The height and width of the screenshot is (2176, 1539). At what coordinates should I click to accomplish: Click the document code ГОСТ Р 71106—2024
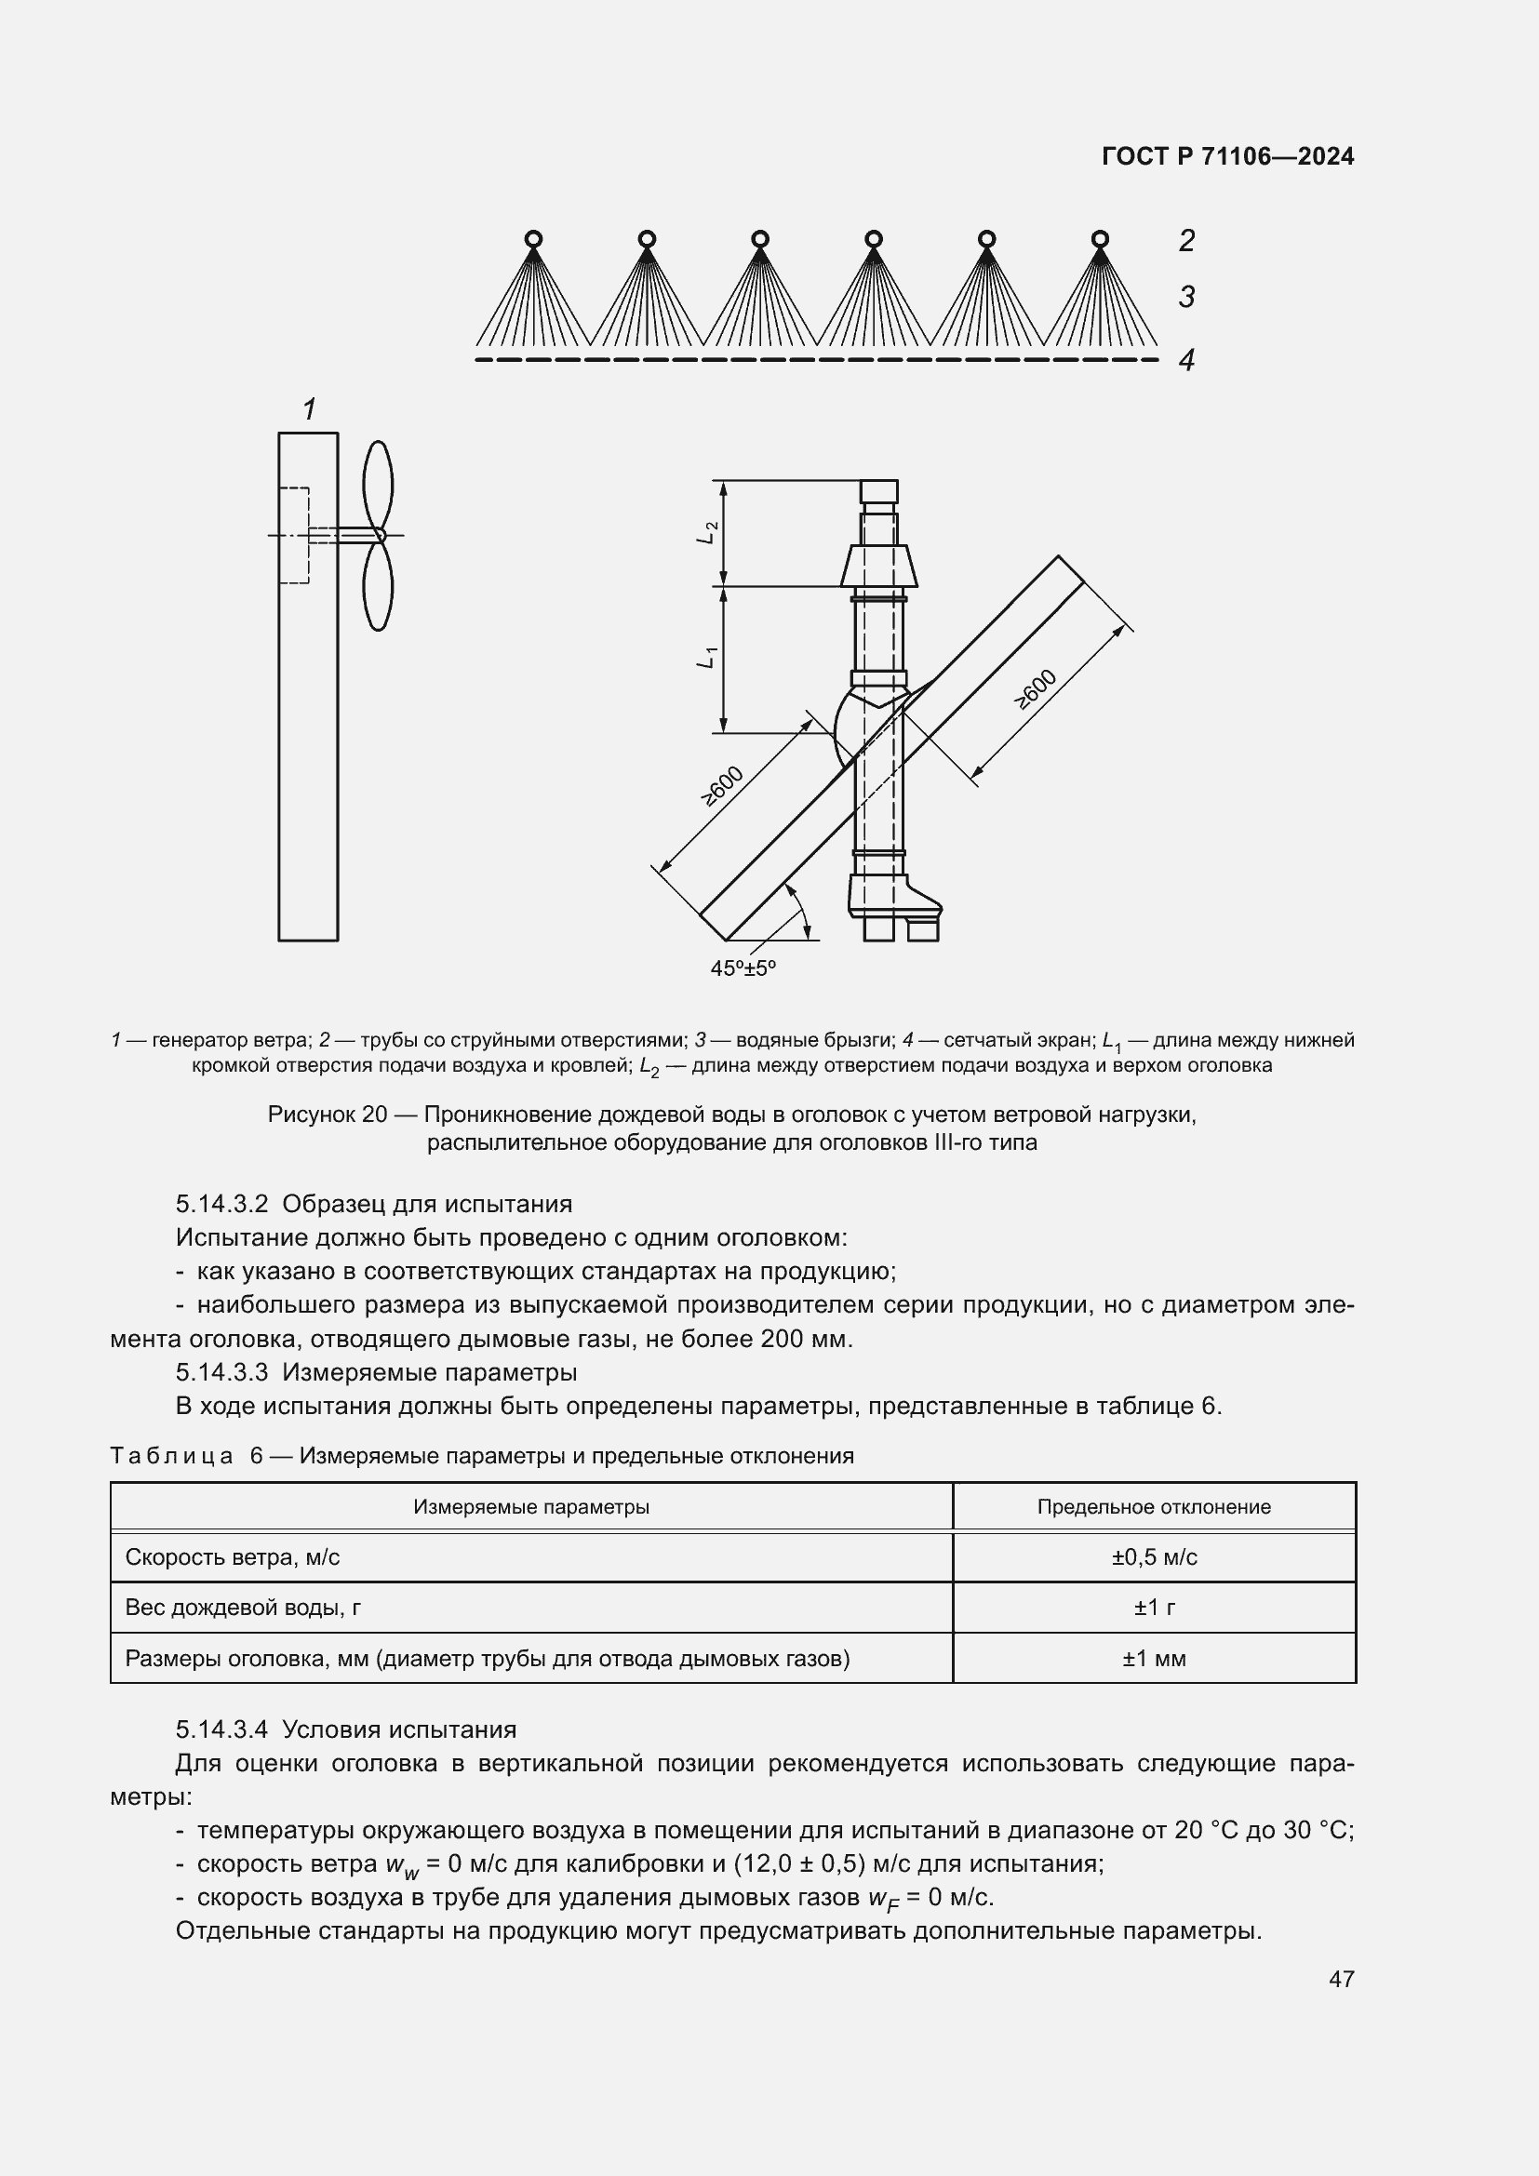pos(1227,156)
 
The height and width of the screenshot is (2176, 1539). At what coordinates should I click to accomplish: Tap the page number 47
pos(1341,1979)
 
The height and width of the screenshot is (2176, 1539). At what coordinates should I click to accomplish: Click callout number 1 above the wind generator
pos(308,409)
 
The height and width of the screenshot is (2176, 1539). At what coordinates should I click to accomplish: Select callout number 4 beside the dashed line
pos(1185,360)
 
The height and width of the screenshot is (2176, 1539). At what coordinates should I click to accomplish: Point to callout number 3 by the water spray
pos(1185,297)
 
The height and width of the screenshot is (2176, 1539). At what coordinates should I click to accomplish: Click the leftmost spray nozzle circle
pos(532,238)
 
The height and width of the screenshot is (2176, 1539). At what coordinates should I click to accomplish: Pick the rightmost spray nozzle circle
pos(1099,238)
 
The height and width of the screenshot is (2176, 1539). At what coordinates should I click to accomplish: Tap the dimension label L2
pos(706,533)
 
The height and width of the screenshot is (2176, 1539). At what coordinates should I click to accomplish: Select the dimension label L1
pos(706,657)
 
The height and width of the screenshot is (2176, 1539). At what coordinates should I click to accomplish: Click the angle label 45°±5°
pos(743,968)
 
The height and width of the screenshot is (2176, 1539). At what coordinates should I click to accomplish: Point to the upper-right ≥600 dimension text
pos(1035,689)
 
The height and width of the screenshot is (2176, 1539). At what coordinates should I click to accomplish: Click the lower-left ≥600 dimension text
pos(722,786)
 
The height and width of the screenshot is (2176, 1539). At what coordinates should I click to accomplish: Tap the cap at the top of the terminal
pos(878,491)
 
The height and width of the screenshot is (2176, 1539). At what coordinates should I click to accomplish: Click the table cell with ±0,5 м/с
pos(1153,1557)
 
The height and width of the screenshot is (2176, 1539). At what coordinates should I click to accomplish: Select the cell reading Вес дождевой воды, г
pos(243,1608)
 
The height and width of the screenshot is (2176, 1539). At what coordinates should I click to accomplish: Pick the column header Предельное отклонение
pos(1153,1507)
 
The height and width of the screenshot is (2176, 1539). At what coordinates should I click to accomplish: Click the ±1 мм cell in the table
pos(1153,1659)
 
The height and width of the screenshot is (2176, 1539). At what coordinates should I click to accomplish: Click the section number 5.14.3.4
pos(221,1729)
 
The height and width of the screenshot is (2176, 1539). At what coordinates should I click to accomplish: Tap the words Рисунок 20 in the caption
pos(327,1115)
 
